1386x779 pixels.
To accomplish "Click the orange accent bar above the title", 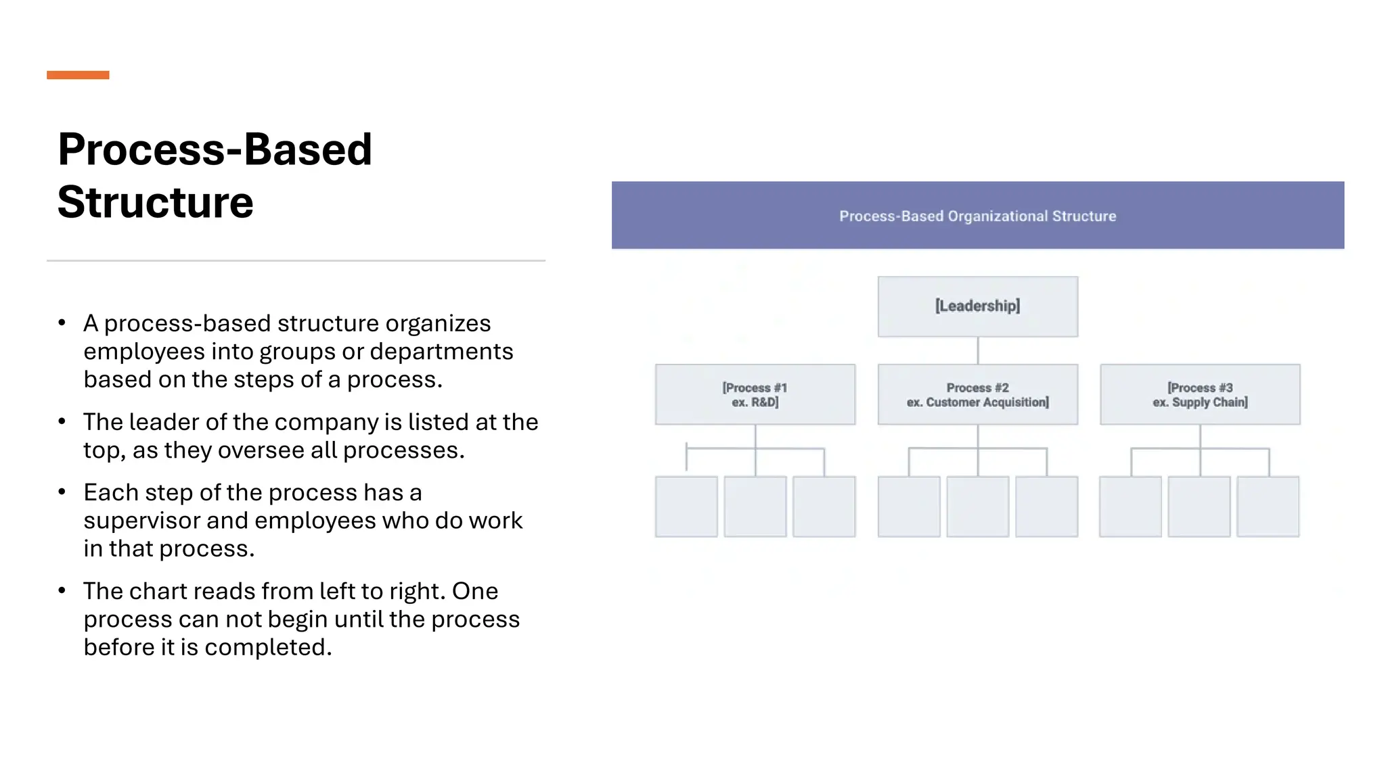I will [x=78, y=75].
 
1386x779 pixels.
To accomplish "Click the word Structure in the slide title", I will [x=155, y=202].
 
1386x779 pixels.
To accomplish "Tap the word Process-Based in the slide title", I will [x=215, y=149].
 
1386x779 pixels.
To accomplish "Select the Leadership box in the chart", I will [x=977, y=306].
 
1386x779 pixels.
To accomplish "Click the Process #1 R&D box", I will [x=755, y=395].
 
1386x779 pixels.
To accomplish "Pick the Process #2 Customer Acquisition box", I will [x=977, y=395].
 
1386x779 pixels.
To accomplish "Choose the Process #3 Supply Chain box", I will [x=1200, y=395].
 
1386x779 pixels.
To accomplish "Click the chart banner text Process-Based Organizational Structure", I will [x=977, y=216].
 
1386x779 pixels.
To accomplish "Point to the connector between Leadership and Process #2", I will [x=978, y=350].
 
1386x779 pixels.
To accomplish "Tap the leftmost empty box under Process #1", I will [x=686, y=506].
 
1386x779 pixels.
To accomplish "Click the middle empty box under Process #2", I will [x=977, y=506].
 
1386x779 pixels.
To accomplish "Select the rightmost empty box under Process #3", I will [x=1268, y=506].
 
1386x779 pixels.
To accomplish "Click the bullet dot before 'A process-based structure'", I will [x=62, y=323].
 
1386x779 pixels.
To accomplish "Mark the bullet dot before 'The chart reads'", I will [x=62, y=591].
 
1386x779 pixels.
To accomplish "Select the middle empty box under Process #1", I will [x=755, y=506].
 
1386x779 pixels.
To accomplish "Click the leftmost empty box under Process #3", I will [x=1130, y=506].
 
